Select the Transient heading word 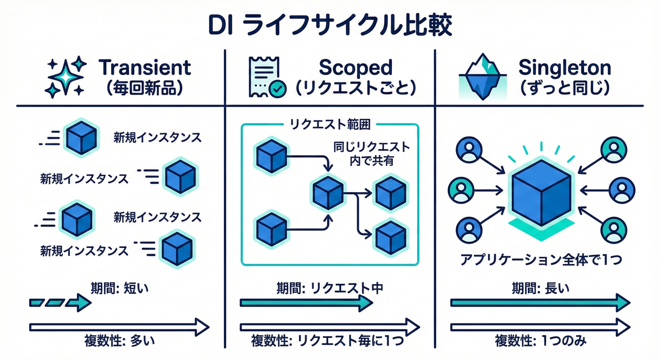[145, 68]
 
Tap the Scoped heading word [355, 68]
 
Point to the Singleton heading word [564, 68]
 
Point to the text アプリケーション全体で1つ [540, 259]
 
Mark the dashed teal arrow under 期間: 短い [60, 303]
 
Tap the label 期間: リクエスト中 [330, 288]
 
